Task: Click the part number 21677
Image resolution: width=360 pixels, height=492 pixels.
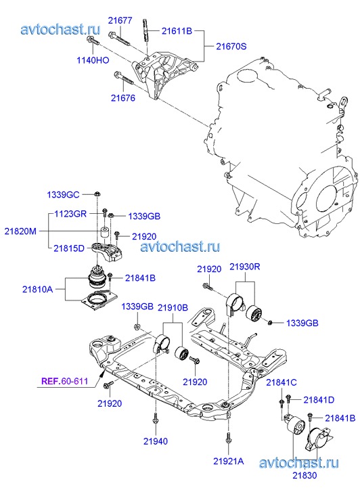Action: click(x=120, y=20)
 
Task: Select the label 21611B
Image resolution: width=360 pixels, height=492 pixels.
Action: click(x=177, y=30)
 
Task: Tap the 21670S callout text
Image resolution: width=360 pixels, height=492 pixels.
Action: click(x=231, y=46)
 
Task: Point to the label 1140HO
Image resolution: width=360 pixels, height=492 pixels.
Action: click(x=93, y=60)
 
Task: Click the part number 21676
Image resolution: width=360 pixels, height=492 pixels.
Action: click(x=123, y=98)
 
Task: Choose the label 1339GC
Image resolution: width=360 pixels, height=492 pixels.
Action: click(x=63, y=194)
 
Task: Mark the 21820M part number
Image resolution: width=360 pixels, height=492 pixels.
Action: click(x=20, y=231)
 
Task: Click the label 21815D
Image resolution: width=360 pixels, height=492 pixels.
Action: click(x=69, y=248)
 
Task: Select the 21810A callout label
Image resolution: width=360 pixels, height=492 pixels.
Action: click(x=37, y=289)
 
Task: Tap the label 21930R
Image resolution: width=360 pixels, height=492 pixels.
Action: click(x=245, y=267)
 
